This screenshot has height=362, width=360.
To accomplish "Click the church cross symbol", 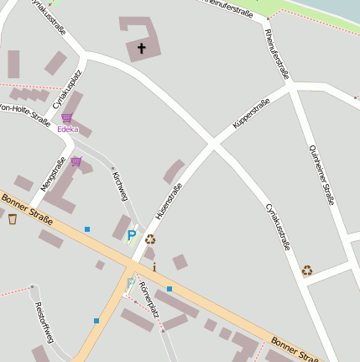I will click(x=141, y=49).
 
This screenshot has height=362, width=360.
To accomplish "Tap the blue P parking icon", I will click(x=131, y=236).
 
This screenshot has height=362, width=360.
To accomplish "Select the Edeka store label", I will click(x=68, y=129).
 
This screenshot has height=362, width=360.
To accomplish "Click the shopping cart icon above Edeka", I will click(x=67, y=118).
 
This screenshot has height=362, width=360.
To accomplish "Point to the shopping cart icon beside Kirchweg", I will click(x=76, y=161).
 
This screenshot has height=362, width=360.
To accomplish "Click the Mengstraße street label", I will click(x=52, y=174).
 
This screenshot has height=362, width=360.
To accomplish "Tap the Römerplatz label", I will click(x=149, y=296).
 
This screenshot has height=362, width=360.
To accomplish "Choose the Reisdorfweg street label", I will click(x=44, y=322).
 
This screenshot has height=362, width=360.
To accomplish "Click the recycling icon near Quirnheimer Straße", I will click(x=307, y=270).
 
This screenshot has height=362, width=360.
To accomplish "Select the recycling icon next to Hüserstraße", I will click(x=150, y=239).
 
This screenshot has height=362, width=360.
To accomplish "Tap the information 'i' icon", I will click(x=154, y=267).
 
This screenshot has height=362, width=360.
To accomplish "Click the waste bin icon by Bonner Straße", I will click(x=12, y=219).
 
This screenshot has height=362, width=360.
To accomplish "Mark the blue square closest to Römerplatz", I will click(x=169, y=289).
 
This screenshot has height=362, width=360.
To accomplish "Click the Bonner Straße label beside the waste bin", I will click(x=27, y=209).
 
